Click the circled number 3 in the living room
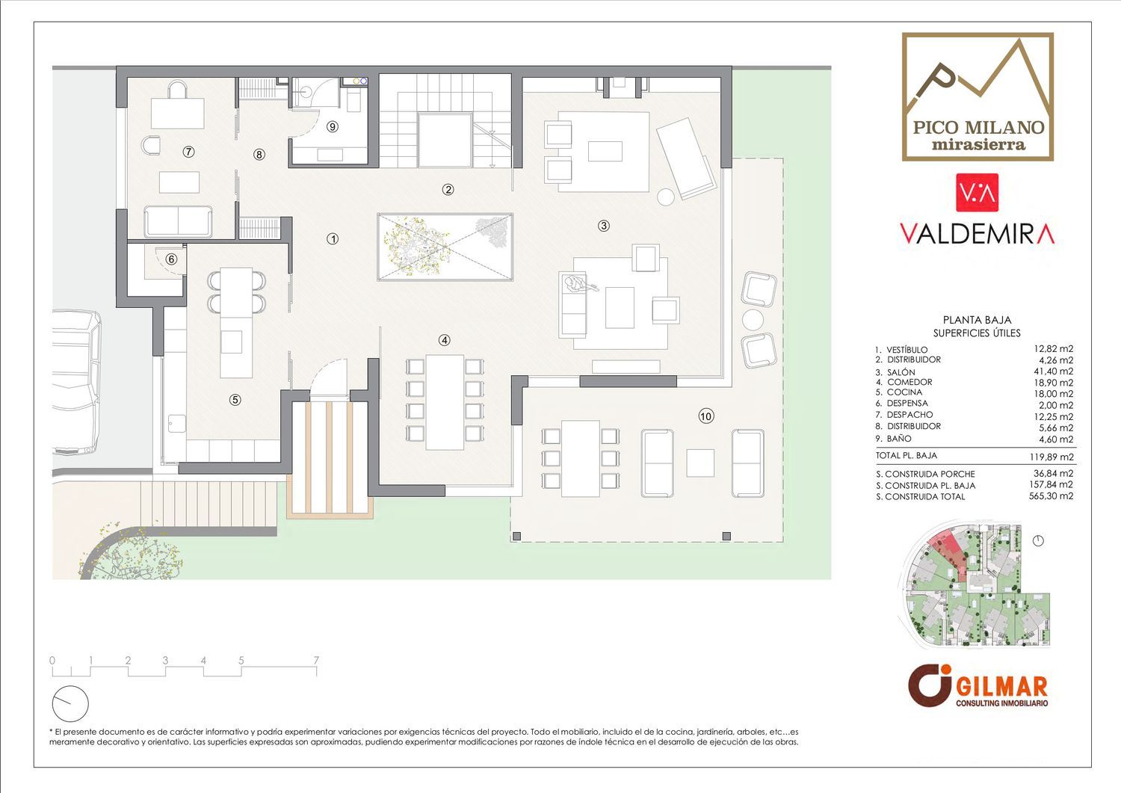(604, 226)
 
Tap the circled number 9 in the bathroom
(333, 126)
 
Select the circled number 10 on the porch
(706, 416)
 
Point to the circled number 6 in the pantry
(171, 259)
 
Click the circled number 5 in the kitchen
(235, 400)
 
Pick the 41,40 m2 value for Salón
(1054, 371)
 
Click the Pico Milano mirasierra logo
(978, 97)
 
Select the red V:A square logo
(978, 192)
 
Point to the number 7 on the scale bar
(316, 660)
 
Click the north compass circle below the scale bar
(70, 704)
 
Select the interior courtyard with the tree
(445, 247)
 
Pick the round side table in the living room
(666, 197)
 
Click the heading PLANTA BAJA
(977, 319)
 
